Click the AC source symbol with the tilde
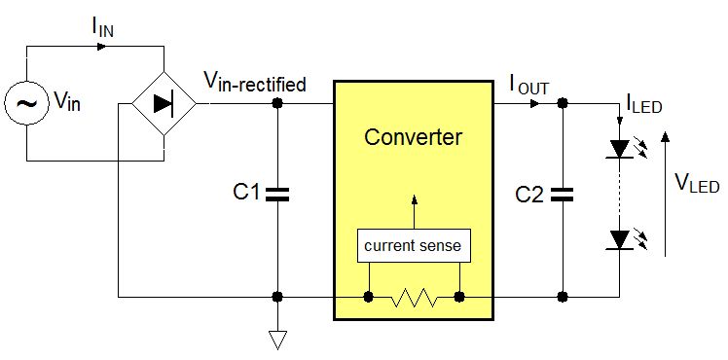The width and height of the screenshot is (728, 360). [26, 102]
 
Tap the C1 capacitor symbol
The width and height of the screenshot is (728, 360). [278, 194]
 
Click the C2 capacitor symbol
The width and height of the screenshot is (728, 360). [562, 194]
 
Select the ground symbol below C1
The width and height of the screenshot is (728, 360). [278, 339]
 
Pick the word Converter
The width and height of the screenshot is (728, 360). [414, 136]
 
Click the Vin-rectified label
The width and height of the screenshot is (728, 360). [254, 83]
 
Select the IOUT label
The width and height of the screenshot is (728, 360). [529, 85]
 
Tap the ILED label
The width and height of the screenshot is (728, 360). [643, 102]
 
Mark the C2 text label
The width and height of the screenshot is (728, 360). [529, 194]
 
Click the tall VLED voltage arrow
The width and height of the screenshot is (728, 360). [666, 195]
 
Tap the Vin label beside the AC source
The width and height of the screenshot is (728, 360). [64, 102]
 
